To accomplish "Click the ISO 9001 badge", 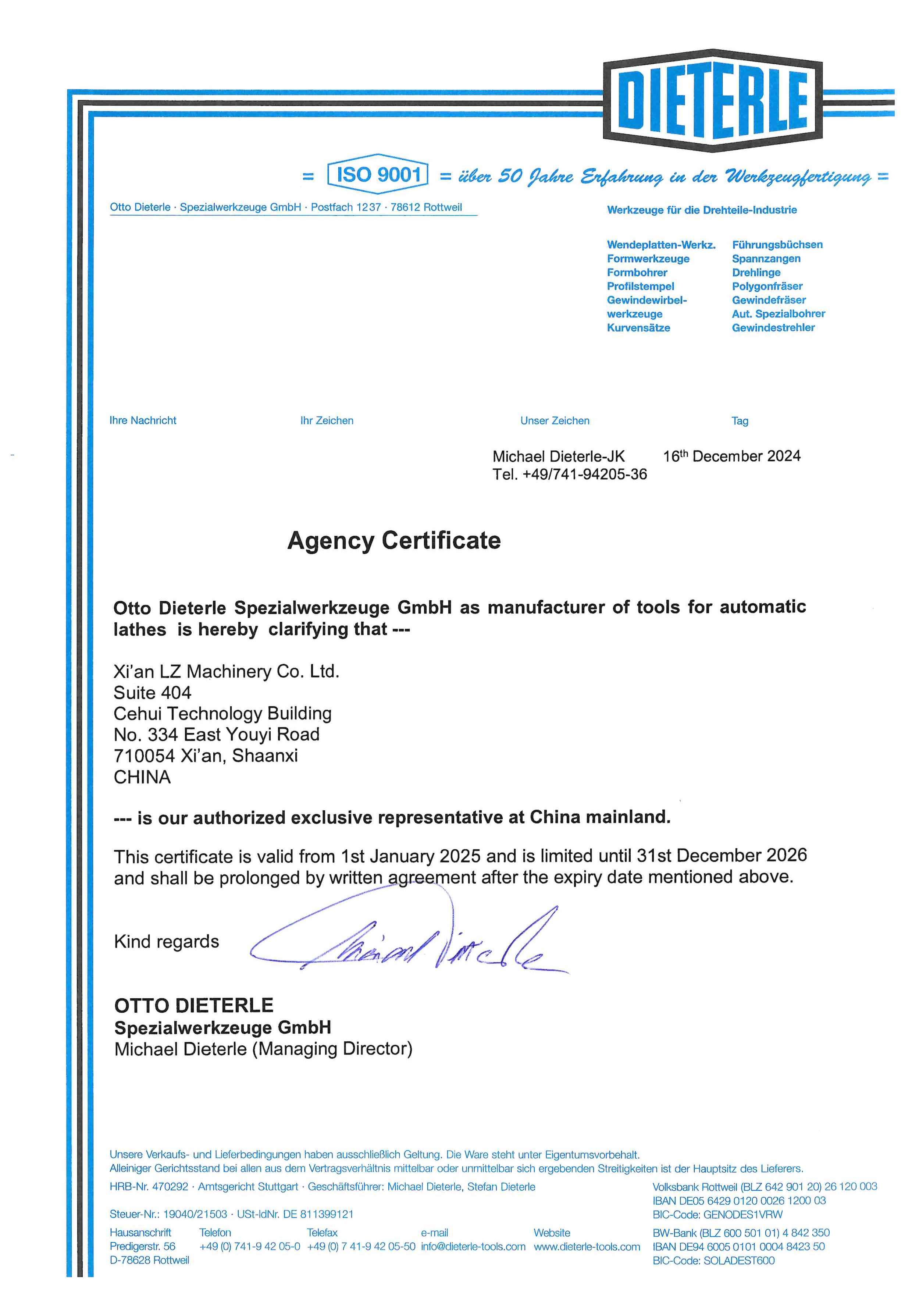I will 378,174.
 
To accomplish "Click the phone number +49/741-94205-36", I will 584,475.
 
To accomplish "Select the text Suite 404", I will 152,692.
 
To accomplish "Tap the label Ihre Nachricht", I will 143,420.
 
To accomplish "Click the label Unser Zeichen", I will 555,421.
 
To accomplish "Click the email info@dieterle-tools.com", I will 473,1247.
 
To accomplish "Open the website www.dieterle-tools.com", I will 587,1247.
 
